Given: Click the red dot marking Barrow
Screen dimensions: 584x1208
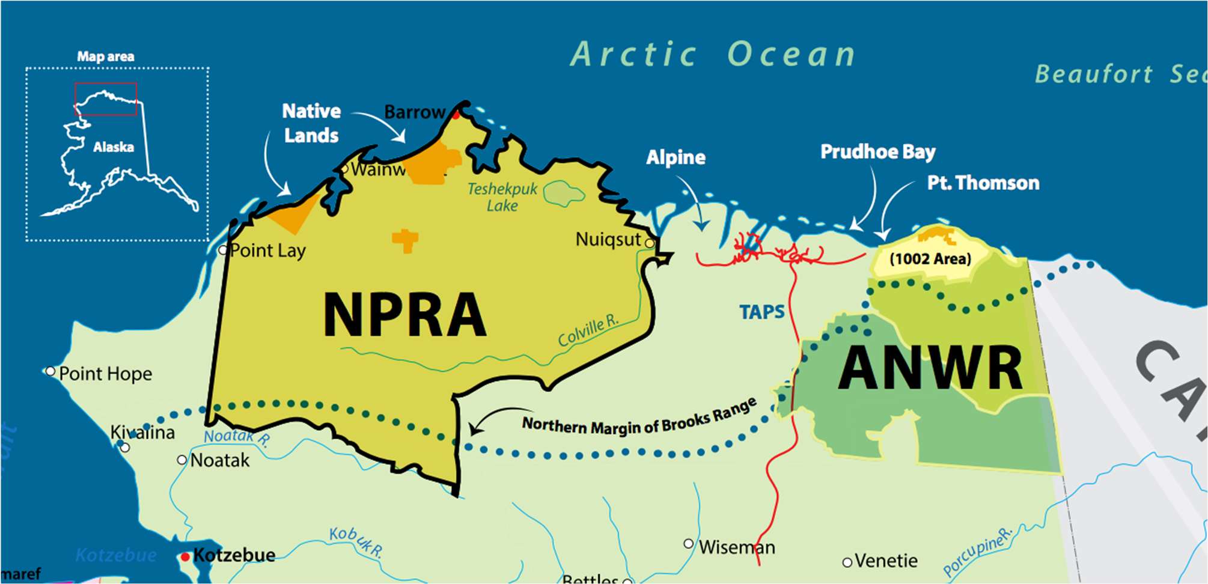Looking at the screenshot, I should [456, 115].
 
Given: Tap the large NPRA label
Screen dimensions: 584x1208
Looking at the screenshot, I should [404, 315].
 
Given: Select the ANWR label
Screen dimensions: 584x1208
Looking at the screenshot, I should [930, 368].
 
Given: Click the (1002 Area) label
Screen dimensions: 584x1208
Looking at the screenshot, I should [930, 259].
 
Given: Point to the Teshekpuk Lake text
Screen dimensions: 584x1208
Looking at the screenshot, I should [502, 197].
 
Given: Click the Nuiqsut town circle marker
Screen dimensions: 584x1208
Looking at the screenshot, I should [650, 243].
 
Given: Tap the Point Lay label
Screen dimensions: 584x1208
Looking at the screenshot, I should [267, 250].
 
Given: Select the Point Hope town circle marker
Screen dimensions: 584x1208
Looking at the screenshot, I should [50, 371].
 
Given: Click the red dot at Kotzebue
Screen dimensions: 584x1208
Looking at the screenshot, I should [185, 557].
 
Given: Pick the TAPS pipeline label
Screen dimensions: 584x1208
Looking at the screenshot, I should [761, 312].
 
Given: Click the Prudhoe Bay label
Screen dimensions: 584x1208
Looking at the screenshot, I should [877, 152].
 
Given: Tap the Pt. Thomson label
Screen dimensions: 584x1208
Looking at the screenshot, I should [983, 183].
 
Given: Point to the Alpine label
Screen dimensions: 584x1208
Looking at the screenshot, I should [676, 157].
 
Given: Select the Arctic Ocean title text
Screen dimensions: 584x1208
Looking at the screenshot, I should [713, 55].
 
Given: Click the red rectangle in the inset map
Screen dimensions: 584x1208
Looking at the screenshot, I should [106, 99].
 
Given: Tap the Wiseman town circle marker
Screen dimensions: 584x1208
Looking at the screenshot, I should [689, 544].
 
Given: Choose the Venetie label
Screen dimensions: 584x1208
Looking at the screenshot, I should [886, 561].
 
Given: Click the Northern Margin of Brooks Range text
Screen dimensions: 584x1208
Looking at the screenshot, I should [639, 421].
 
